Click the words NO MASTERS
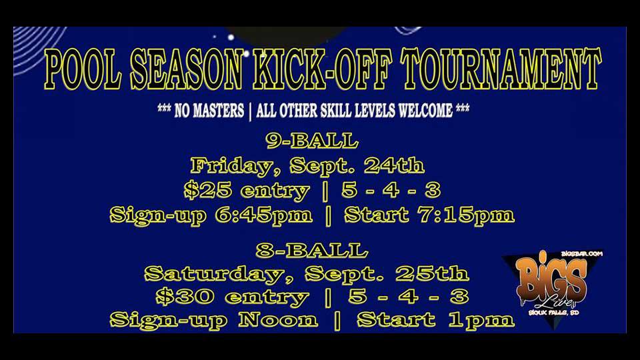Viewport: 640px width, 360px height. tap(209, 111)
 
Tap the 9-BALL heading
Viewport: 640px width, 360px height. tap(312, 142)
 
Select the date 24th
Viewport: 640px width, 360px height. tap(399, 166)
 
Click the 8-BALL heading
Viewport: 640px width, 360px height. tap(312, 251)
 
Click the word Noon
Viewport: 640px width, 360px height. tap(279, 320)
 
